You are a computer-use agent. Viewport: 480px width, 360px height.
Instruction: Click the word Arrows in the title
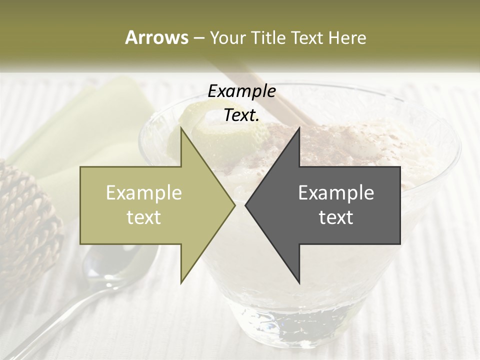tap(156, 37)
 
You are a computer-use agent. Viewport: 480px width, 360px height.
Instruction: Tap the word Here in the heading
tap(346, 37)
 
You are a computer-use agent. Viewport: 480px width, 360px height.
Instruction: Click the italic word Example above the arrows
tap(241, 91)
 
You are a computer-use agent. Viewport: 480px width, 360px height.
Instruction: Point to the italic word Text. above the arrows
tap(241, 115)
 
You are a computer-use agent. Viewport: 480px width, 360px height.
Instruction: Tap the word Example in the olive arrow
tap(144, 192)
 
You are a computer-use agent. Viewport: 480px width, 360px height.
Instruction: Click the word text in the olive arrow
tap(144, 217)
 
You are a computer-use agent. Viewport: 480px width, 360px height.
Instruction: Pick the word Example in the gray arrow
tap(336, 192)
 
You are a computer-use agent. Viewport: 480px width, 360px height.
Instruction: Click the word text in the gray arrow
tap(336, 217)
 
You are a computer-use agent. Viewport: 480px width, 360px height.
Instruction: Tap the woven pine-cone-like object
tap(25, 215)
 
